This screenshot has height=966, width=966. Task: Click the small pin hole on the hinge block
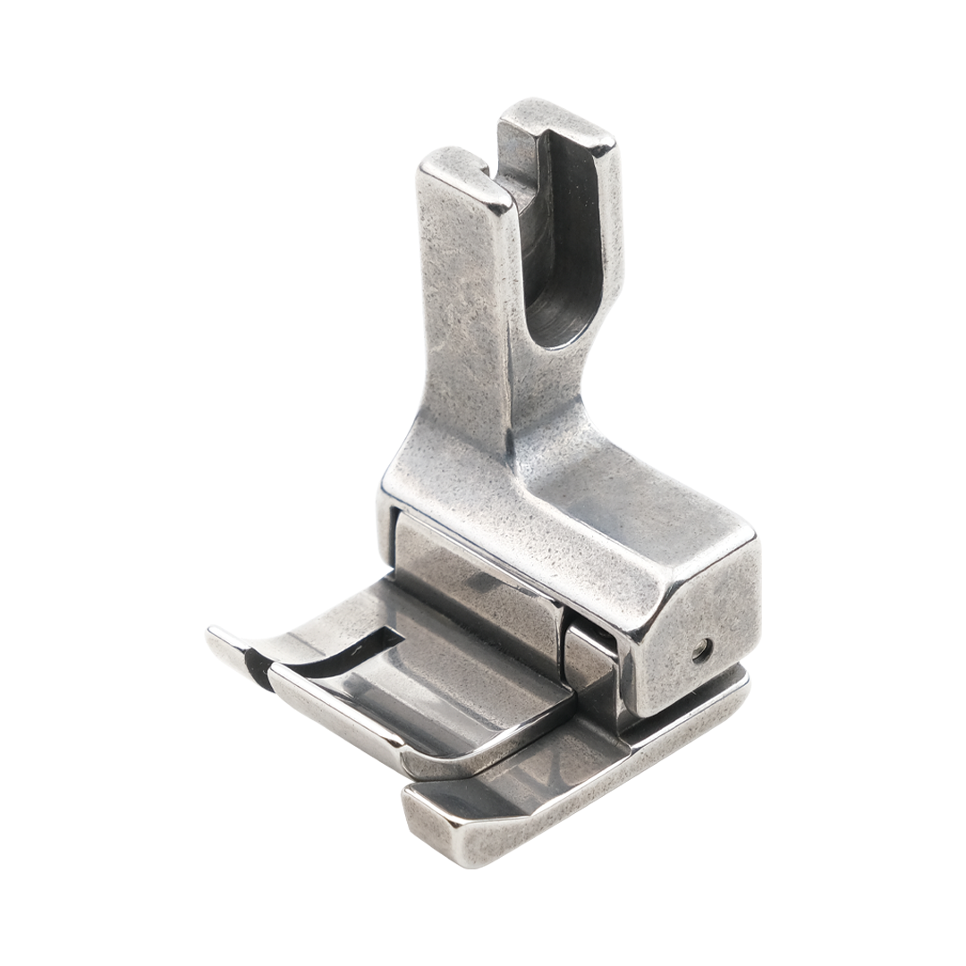click(704, 651)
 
